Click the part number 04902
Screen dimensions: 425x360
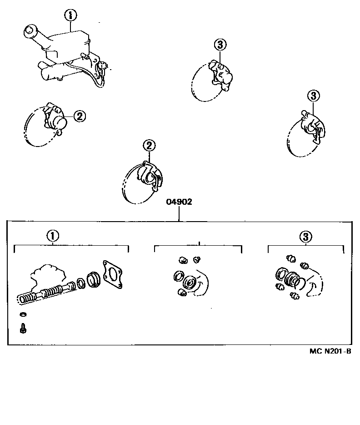pos(179,202)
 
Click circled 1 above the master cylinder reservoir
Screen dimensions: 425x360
pos(70,16)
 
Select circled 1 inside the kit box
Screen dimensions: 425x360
pos(52,236)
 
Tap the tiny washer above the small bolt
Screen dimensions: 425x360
pos(23,315)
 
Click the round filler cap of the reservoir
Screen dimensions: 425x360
pos(31,31)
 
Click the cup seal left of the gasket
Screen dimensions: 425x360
pos(93,278)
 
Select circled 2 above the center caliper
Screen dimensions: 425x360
pos(149,146)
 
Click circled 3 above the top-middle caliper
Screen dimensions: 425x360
pos(220,45)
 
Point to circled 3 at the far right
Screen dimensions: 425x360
pos(314,96)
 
